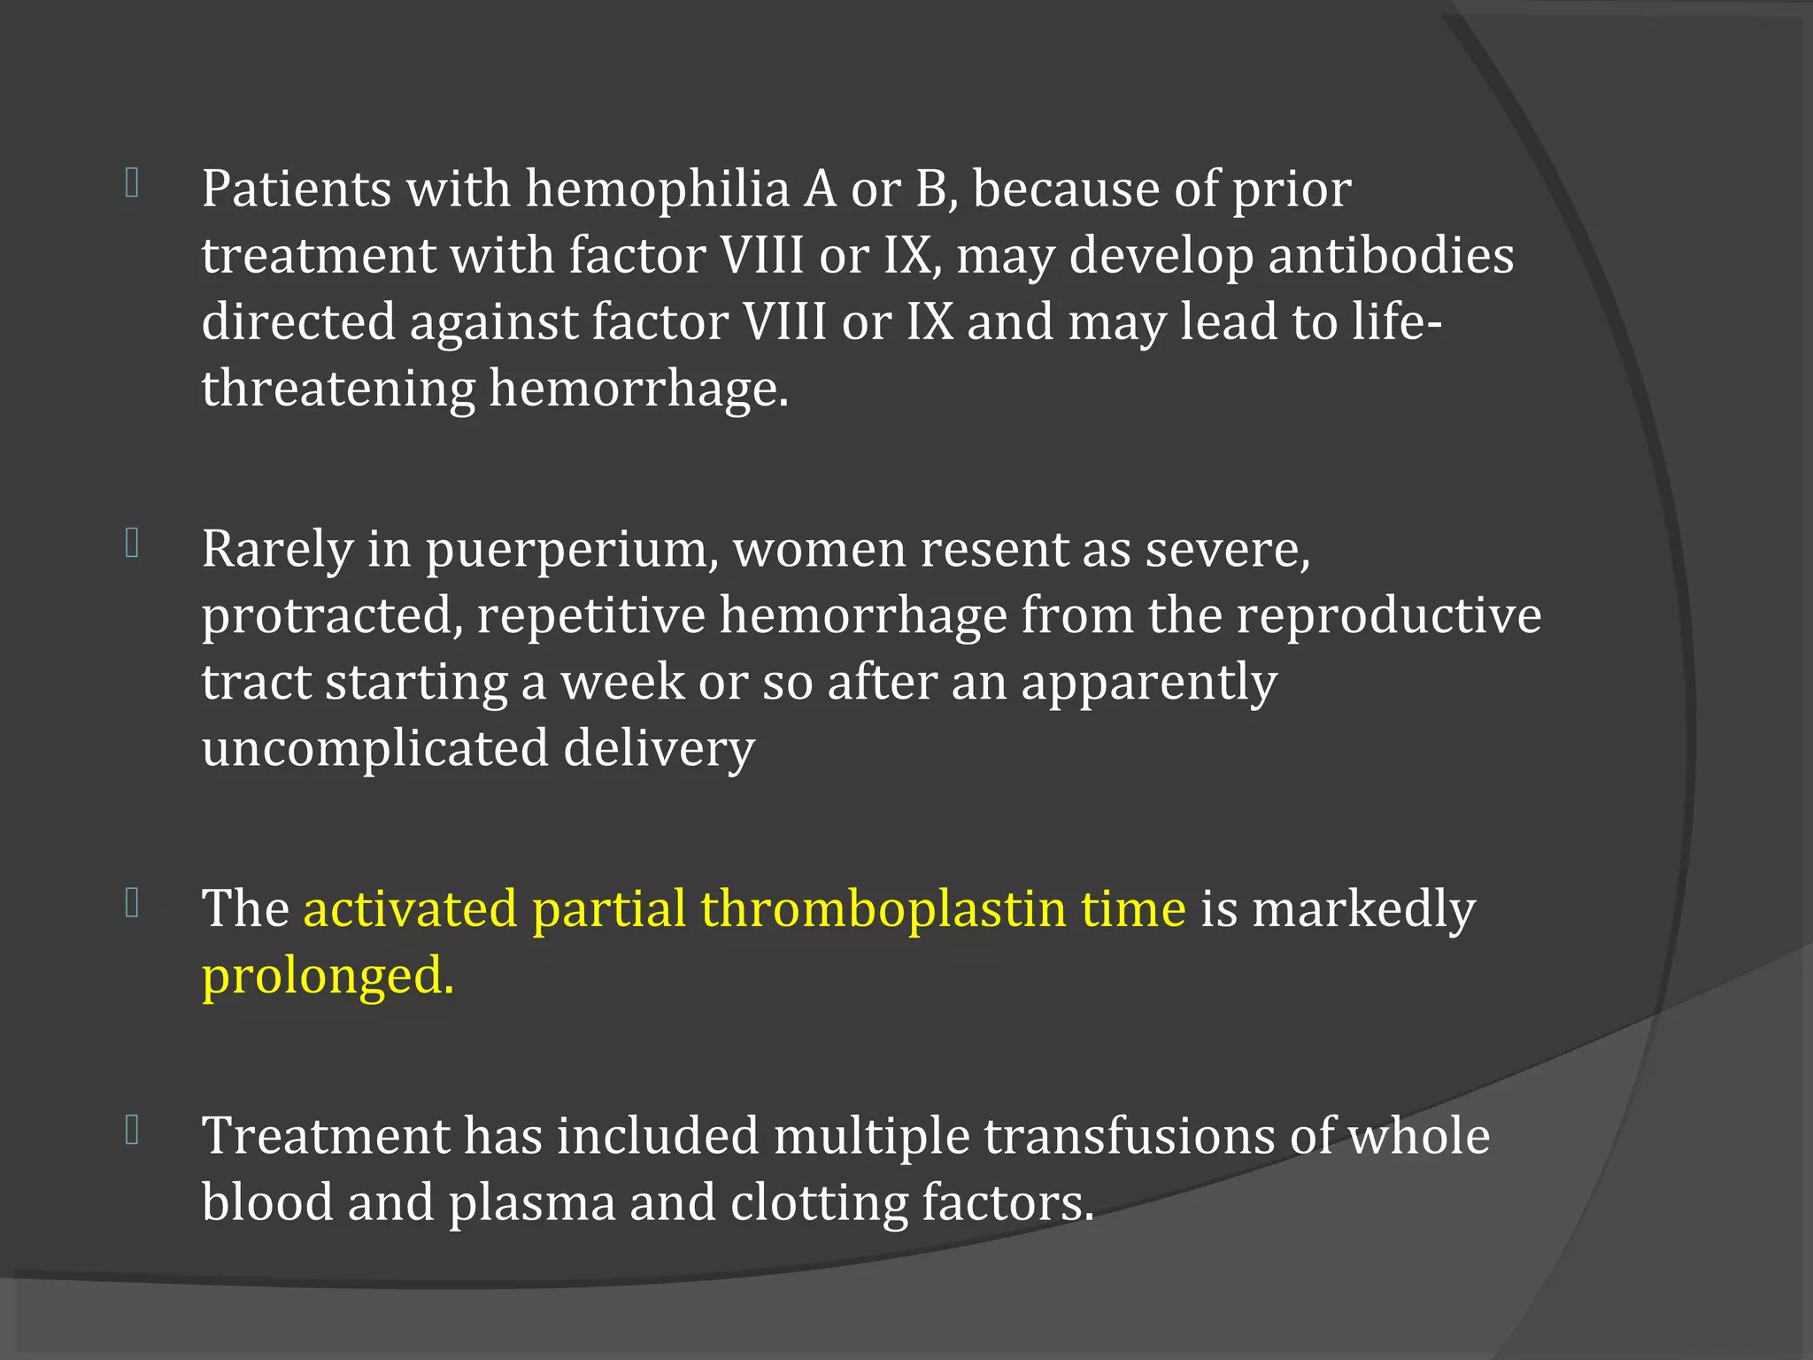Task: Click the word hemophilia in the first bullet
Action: pyautogui.click(x=657, y=189)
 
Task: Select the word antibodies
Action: pyautogui.click(x=1391, y=256)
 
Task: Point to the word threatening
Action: pyautogui.click(x=338, y=389)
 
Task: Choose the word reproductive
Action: pyautogui.click(x=1388, y=616)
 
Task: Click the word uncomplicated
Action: pyautogui.click(x=375, y=748)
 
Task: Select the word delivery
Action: pyautogui.click(x=659, y=750)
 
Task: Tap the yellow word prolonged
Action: pyautogui.click(x=328, y=977)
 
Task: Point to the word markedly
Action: pyautogui.click(x=1363, y=909)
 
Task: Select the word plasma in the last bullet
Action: pyautogui.click(x=531, y=1204)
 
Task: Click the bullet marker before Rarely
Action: pyautogui.click(x=133, y=543)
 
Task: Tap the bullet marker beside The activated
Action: pyautogui.click(x=133, y=902)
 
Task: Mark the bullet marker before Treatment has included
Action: pyautogui.click(x=133, y=1129)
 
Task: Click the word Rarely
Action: pyautogui.click(x=277, y=551)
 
